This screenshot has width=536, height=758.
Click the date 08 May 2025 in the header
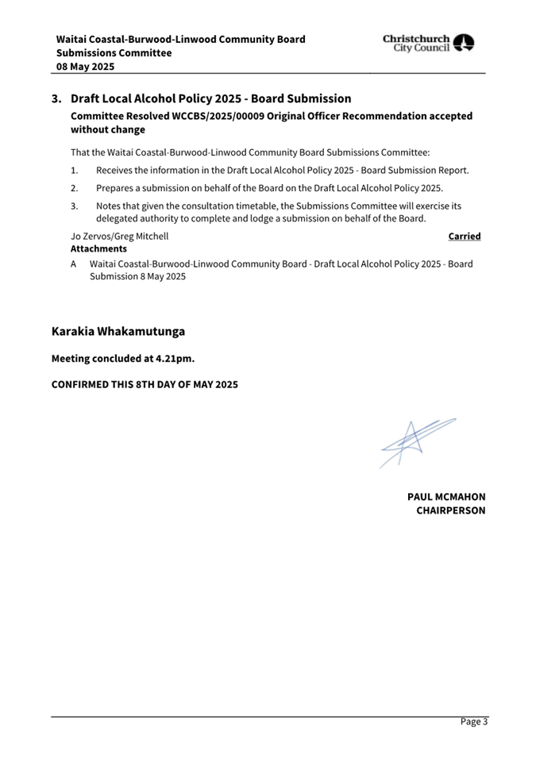click(x=85, y=67)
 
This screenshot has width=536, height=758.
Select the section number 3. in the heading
click(x=57, y=99)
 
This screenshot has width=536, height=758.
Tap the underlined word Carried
click(x=465, y=236)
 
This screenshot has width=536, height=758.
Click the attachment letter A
click(x=74, y=264)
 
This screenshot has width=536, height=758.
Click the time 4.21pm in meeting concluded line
click(x=172, y=359)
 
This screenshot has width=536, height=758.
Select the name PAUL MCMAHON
click(x=445, y=497)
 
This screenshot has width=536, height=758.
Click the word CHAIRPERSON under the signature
click(x=450, y=510)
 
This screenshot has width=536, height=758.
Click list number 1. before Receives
click(x=74, y=171)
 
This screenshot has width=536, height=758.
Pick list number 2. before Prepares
click(x=74, y=188)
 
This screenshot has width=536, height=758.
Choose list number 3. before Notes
click(x=74, y=206)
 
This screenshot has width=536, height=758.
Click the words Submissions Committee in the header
click(x=114, y=53)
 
